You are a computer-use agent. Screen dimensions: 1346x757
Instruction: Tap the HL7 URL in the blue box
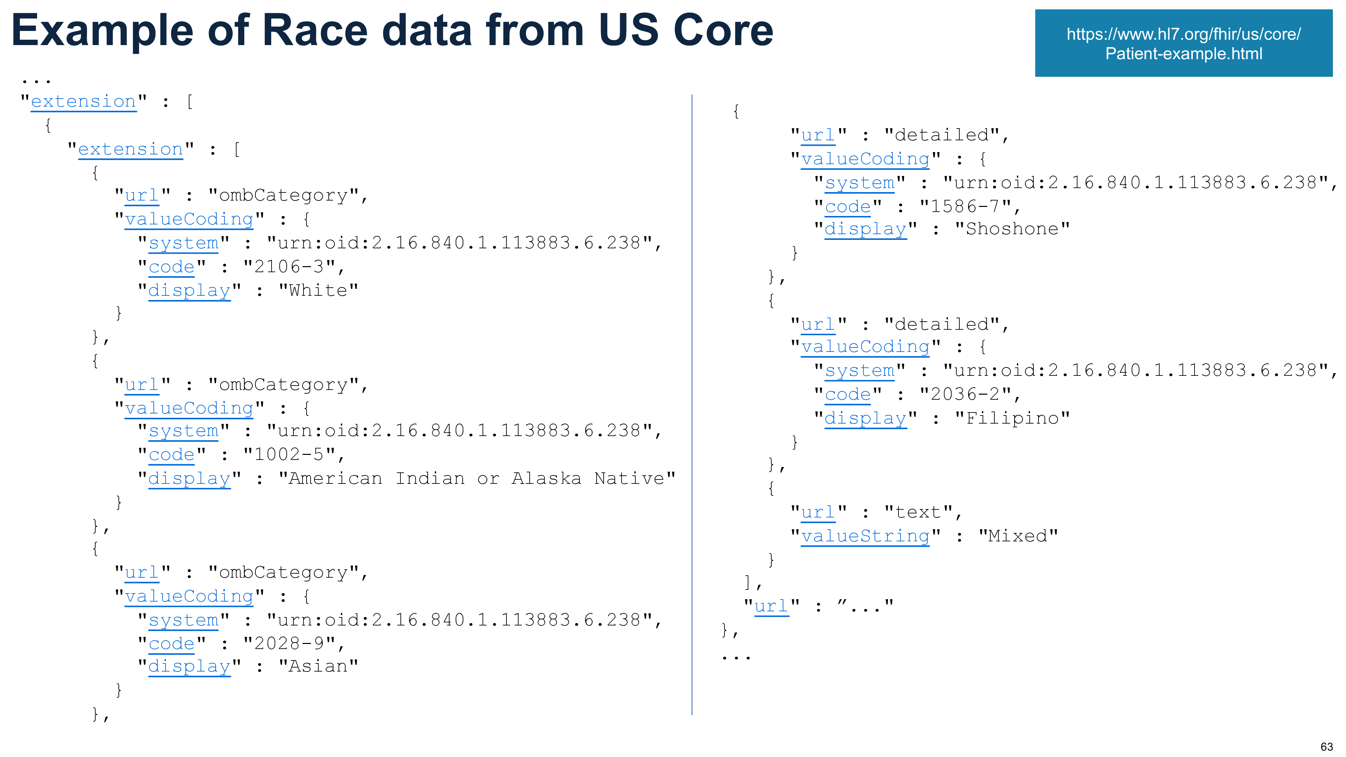click(x=1183, y=43)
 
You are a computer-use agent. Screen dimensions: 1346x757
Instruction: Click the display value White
click(x=318, y=290)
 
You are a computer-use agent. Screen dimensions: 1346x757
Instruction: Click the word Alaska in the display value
click(x=546, y=478)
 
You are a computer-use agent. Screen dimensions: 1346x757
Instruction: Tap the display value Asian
click(x=318, y=666)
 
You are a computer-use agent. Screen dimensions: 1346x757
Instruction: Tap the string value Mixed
click(x=1018, y=536)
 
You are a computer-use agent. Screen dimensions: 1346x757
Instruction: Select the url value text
click(x=918, y=512)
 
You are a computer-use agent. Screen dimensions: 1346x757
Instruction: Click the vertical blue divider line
click(x=692, y=405)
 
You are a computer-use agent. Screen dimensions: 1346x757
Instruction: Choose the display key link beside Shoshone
click(x=865, y=229)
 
